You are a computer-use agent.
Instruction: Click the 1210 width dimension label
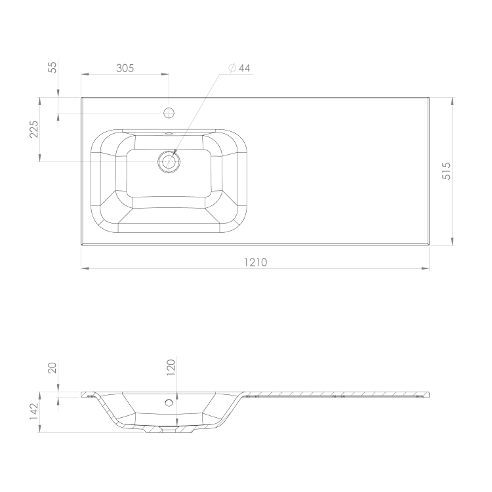pyautogui.click(x=255, y=262)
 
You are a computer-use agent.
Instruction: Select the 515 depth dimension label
pyautogui.click(x=446, y=171)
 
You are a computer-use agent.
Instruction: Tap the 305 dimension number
pyautogui.click(x=125, y=68)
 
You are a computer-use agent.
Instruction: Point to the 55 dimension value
pyautogui.click(x=53, y=68)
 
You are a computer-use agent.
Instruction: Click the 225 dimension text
pyautogui.click(x=33, y=129)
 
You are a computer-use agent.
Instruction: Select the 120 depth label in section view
pyautogui.click(x=171, y=367)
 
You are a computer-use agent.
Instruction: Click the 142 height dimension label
pyautogui.click(x=33, y=412)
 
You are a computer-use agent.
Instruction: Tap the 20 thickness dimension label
pyautogui.click(x=52, y=368)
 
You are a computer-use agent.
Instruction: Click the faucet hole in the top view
pyautogui.click(x=169, y=113)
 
